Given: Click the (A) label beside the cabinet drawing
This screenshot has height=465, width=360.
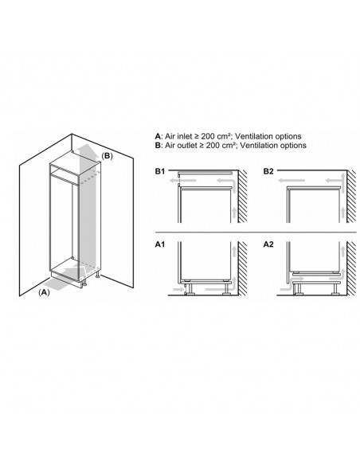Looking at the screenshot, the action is click(x=44, y=292).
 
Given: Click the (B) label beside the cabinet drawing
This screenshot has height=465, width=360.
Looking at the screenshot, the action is click(x=108, y=156).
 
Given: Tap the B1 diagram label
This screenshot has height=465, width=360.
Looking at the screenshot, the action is click(x=160, y=171).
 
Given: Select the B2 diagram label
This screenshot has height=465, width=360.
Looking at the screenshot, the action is click(x=268, y=171).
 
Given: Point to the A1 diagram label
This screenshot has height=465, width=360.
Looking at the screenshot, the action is click(x=160, y=244).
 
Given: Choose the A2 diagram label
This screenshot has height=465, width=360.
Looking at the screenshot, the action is click(x=268, y=244).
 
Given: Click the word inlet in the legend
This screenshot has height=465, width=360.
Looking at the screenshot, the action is click(x=185, y=136).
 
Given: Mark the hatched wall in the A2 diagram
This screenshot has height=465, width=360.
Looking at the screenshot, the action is click(x=352, y=268).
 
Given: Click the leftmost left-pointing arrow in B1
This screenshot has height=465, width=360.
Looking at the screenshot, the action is click(x=182, y=180).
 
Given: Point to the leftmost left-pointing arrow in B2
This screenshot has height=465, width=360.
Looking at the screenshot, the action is click(x=292, y=180).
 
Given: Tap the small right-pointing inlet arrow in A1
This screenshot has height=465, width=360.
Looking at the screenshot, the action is click(x=179, y=289).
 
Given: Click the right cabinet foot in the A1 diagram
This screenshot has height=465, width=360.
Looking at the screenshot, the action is click(x=228, y=288).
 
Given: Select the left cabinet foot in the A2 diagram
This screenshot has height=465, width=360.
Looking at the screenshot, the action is click(x=297, y=289).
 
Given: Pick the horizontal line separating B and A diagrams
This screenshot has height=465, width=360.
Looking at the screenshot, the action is click(x=256, y=232).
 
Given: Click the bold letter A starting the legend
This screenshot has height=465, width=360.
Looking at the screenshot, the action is click(x=158, y=136).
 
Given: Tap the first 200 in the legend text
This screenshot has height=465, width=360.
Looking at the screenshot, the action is click(x=208, y=136).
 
